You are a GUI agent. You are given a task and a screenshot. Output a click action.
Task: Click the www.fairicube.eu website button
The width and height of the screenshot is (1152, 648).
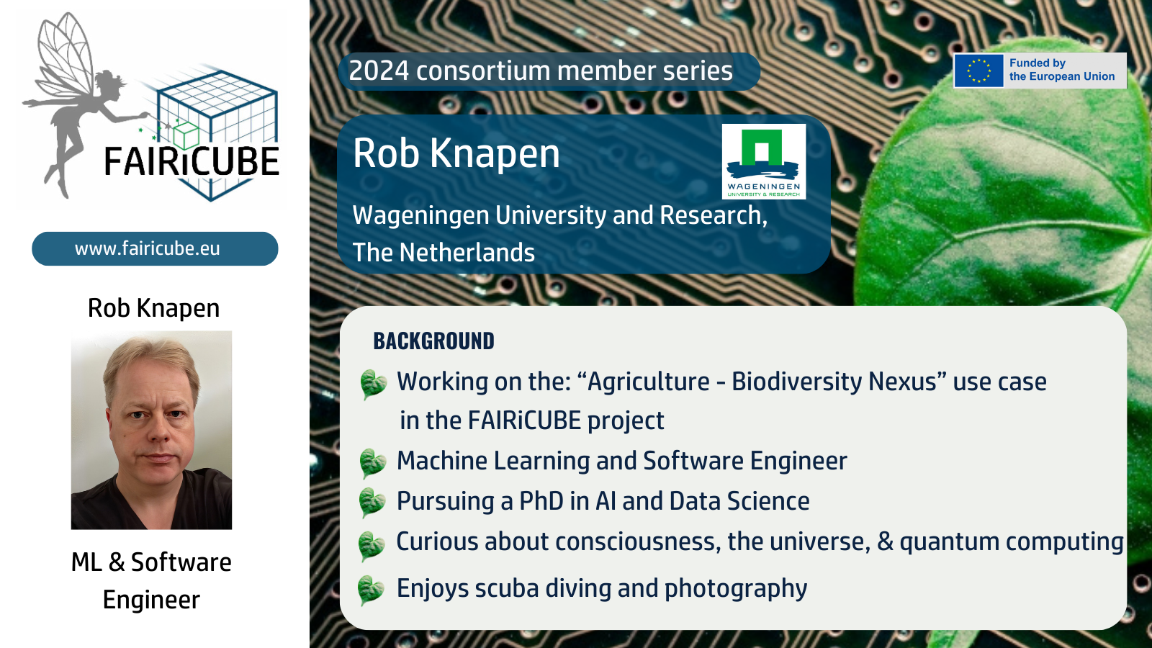(155, 248)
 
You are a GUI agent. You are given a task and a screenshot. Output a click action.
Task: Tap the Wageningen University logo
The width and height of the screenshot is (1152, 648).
(764, 161)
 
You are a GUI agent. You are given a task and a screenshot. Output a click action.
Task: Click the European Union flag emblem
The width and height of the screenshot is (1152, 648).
(978, 71)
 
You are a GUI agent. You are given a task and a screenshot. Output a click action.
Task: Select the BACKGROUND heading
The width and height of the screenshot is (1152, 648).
(433, 341)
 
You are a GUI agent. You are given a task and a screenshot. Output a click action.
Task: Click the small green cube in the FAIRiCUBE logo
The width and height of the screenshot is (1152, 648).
(186, 135)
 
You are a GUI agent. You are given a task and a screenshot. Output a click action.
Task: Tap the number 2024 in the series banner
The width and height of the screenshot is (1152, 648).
(379, 71)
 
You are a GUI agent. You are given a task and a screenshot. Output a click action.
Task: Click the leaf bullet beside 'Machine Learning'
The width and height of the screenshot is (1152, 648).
(372, 463)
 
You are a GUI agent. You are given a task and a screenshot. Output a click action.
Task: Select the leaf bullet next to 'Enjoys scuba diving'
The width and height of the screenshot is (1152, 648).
(371, 590)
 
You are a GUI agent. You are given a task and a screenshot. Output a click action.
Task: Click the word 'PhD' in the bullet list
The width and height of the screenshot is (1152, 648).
(541, 501)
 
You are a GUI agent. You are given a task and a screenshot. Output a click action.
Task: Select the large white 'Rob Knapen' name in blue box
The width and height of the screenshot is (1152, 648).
(456, 153)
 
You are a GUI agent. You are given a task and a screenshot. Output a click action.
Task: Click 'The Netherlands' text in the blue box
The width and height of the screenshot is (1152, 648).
(444, 253)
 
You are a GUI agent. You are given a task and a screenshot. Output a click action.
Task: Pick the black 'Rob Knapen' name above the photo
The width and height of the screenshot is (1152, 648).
(154, 309)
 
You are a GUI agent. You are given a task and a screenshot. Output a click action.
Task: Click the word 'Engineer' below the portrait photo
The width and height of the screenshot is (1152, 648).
(151, 600)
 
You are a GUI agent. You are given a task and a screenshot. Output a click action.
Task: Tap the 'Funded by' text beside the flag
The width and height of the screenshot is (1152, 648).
(1038, 63)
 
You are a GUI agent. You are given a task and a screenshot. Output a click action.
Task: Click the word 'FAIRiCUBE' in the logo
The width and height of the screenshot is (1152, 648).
(192, 161)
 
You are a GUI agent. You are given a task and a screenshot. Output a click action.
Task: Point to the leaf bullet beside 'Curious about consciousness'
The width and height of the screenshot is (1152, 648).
(372, 546)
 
